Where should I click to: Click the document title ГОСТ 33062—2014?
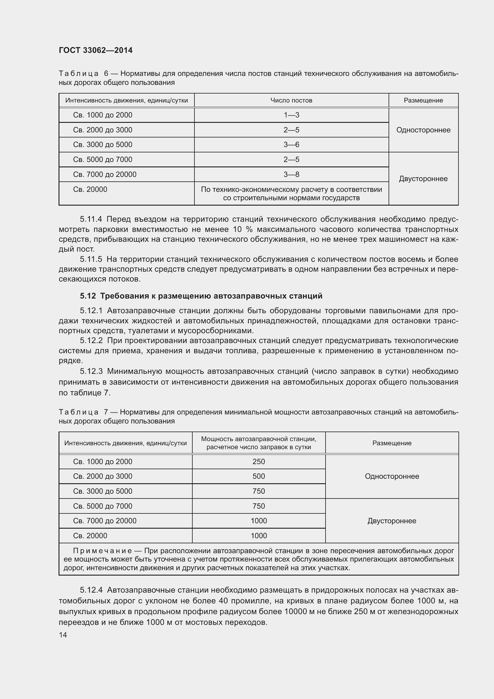point(96,50)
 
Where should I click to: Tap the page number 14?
point(63,635)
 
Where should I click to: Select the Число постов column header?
point(291,100)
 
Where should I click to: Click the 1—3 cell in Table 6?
point(291,115)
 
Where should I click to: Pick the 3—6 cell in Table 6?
point(291,145)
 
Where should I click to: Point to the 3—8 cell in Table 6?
point(291,175)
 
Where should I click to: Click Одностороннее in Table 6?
point(423,130)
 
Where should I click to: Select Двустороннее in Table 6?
point(423,179)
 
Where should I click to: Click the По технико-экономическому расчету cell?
point(291,194)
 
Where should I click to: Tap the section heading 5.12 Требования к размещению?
point(201,296)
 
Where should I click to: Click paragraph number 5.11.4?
point(91,219)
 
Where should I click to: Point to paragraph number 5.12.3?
point(91,371)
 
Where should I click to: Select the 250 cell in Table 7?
point(259,461)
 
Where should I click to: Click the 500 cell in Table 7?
point(259,476)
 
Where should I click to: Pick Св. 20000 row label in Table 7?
point(90,536)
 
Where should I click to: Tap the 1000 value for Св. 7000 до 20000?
point(259,521)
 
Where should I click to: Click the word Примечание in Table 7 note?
point(102,551)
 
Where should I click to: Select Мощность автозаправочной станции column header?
point(259,443)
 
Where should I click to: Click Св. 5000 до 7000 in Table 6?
point(102,160)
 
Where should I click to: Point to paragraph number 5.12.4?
point(91,590)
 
